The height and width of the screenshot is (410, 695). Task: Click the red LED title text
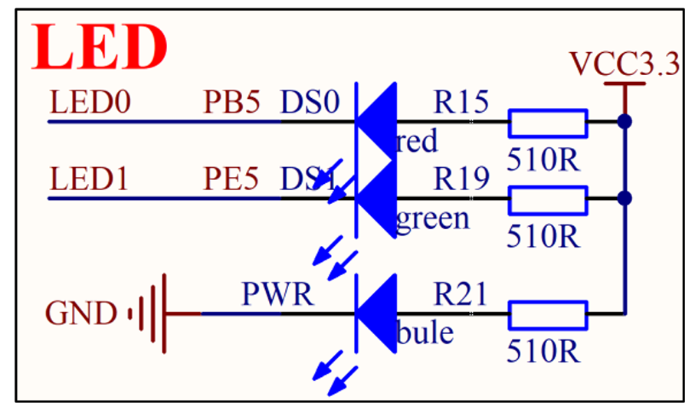point(100,47)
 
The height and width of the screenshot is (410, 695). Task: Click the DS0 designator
point(310,103)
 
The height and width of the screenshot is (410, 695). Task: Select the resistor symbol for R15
point(548,122)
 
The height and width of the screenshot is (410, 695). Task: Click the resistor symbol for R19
point(548,198)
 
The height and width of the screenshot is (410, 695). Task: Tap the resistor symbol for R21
point(548,313)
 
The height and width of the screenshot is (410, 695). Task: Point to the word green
point(432,219)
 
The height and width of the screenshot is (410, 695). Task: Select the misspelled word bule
point(425,333)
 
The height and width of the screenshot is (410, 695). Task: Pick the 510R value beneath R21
point(543,351)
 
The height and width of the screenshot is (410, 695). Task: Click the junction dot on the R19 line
point(625,198)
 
